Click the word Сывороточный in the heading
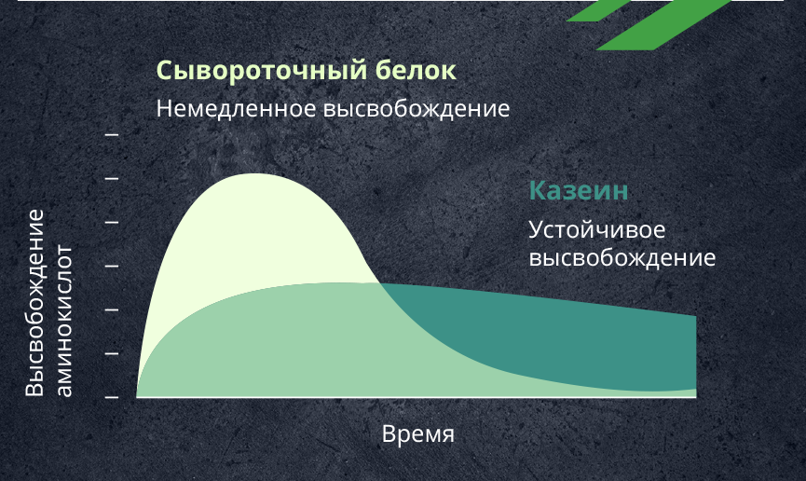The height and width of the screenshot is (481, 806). coord(262,71)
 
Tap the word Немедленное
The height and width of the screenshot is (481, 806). coord(236,109)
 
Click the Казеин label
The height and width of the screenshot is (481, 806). coord(579,190)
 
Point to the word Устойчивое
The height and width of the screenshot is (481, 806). coord(596,230)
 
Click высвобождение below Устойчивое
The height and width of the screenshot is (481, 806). coord(622,257)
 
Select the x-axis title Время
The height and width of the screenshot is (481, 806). coord(417,434)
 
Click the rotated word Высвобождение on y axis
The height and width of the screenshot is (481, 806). coord(35,303)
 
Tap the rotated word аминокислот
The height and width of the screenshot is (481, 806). coord(63,321)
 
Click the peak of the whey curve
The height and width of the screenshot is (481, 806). coord(254,174)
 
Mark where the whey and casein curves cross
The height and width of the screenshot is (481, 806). coord(379,283)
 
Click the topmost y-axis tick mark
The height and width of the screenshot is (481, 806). coord(112,135)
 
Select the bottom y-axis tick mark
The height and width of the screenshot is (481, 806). coord(112,397)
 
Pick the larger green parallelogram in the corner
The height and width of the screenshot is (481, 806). coord(663,24)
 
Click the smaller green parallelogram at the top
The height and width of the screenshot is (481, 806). coord(599,10)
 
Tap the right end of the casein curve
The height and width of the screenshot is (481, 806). coord(696,316)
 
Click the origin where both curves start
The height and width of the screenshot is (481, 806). coord(137,396)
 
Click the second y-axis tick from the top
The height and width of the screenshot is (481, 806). coord(112,178)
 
